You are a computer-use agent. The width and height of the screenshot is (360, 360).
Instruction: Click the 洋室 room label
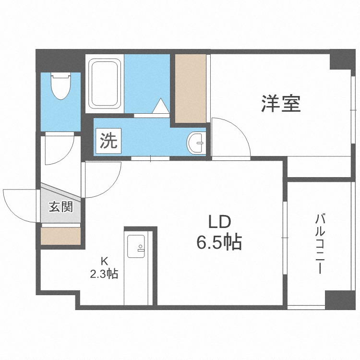(281, 104)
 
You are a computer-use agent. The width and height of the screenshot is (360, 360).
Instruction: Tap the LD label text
(219, 222)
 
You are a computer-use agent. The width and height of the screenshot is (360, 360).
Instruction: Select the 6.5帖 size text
(219, 242)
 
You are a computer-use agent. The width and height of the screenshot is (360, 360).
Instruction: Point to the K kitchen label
(105, 261)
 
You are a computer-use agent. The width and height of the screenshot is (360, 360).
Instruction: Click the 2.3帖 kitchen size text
(104, 274)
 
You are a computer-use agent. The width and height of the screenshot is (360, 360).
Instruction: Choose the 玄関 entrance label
(61, 206)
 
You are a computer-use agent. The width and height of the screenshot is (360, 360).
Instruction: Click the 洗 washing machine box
(108, 141)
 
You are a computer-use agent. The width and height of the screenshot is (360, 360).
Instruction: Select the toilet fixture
(61, 86)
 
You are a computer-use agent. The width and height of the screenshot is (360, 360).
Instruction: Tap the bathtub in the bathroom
(105, 84)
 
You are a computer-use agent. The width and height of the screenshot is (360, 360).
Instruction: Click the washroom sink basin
(196, 143)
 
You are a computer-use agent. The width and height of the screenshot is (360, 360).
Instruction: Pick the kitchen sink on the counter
(136, 246)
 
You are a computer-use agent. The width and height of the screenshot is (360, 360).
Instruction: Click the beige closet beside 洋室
(191, 88)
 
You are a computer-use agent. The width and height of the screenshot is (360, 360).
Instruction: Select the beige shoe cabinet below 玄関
(60, 236)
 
